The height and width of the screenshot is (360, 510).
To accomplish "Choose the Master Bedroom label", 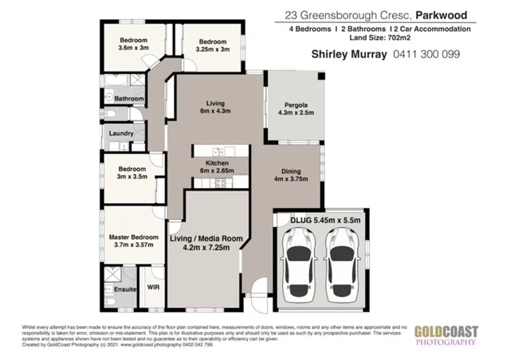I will (135, 237).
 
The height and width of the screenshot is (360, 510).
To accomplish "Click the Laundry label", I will (122, 134).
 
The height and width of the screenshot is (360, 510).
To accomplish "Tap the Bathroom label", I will (128, 99).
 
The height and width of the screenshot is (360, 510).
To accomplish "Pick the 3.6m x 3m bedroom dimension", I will (135, 49).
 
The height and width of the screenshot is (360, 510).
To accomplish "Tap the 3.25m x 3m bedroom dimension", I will (213, 49).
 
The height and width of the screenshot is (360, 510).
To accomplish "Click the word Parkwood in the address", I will (443, 14).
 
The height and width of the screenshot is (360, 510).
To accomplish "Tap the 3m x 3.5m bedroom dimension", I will (132, 177).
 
